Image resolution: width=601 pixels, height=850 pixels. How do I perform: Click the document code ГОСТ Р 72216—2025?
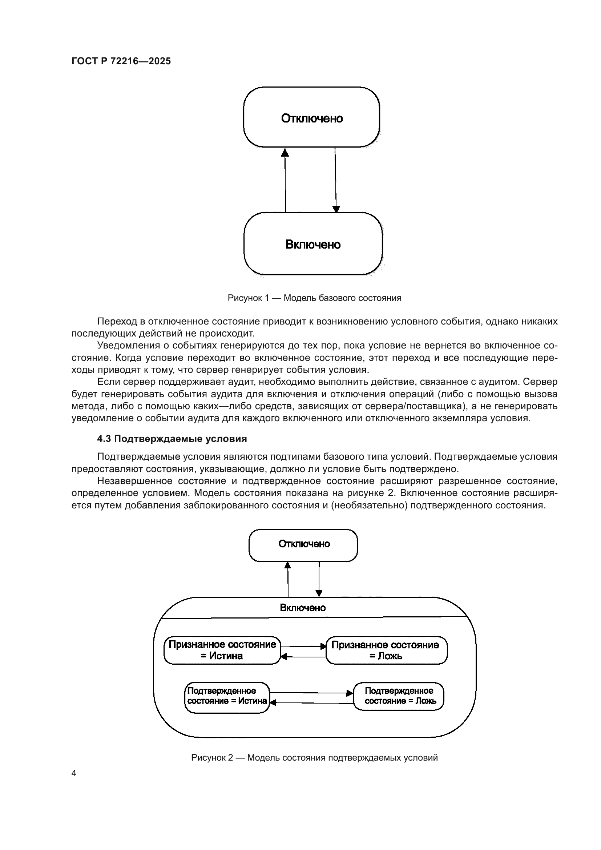[x=121, y=61]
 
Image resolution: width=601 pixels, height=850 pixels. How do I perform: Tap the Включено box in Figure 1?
[x=313, y=244]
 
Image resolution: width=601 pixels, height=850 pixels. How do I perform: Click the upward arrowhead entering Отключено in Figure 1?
[x=285, y=152]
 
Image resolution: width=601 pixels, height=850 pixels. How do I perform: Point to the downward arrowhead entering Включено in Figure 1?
[x=336, y=209]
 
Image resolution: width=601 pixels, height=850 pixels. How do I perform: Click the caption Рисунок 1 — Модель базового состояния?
[x=314, y=298]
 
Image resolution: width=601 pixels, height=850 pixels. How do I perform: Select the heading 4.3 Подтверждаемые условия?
[x=172, y=439]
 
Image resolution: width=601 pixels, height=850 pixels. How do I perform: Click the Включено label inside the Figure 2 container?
[x=303, y=608]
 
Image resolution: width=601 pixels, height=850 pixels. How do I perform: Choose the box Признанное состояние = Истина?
[x=222, y=650]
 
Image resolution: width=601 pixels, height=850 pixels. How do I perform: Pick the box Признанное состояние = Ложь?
[x=386, y=650]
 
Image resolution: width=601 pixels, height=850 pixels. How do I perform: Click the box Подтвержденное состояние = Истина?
[x=227, y=697]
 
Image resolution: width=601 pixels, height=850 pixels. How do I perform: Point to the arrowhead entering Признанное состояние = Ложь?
[x=323, y=646]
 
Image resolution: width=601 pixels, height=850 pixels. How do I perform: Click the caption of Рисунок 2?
[x=314, y=758]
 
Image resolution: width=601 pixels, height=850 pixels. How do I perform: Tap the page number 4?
[x=74, y=773]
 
